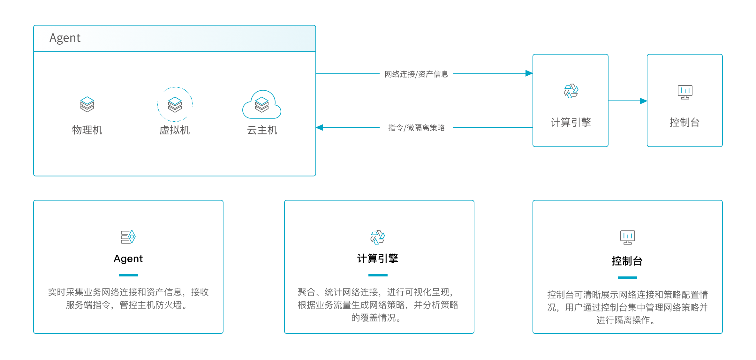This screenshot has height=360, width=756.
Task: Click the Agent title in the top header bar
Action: click(65, 38)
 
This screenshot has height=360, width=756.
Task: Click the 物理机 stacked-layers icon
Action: click(87, 104)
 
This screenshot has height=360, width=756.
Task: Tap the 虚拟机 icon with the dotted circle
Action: click(175, 104)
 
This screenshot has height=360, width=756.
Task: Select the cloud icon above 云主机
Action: click(262, 105)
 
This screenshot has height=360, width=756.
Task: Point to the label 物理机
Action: click(87, 130)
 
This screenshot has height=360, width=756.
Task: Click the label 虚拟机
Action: click(175, 130)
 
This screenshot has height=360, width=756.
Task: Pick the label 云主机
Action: click(262, 130)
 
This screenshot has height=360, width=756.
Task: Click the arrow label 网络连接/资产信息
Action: click(416, 74)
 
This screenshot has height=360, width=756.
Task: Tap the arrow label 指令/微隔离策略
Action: click(416, 128)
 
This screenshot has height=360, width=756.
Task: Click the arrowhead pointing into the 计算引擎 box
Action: click(529, 73)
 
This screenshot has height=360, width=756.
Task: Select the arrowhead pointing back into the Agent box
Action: click(320, 127)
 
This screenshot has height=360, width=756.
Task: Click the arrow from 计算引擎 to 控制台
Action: click(628, 101)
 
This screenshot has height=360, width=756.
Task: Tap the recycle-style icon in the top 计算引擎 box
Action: click(571, 91)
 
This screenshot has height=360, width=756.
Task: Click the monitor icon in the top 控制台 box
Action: click(685, 92)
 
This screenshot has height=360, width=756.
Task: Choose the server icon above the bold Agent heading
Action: click(128, 237)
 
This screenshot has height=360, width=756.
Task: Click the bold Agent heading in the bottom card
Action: click(128, 259)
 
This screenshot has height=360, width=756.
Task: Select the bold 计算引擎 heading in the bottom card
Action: click(378, 259)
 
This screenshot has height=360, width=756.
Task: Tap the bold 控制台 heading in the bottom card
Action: click(627, 261)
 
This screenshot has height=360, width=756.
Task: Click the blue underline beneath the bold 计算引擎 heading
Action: click(378, 275)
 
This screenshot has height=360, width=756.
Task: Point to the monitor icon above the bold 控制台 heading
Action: click(627, 237)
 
